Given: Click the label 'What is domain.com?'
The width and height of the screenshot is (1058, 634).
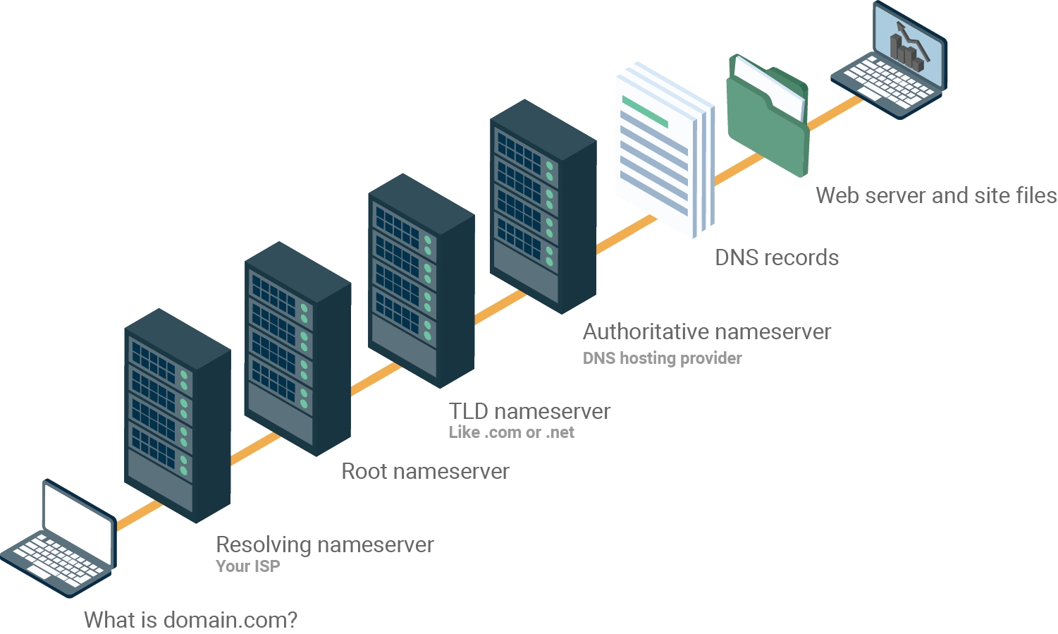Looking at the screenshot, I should (190, 620).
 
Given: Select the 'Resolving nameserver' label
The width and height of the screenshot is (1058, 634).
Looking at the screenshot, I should (324, 544).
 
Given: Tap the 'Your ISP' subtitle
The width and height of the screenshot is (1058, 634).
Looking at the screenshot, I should (247, 566).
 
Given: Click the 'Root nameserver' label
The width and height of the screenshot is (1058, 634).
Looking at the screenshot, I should (425, 471).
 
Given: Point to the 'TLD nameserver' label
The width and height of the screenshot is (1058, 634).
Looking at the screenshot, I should (529, 411).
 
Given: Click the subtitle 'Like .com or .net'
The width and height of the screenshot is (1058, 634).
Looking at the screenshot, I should (511, 432).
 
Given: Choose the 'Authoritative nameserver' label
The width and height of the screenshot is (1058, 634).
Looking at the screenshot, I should (706, 331).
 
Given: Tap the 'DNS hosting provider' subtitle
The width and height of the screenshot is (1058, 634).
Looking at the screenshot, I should (662, 358).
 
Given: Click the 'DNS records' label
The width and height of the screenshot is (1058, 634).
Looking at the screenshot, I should (776, 257).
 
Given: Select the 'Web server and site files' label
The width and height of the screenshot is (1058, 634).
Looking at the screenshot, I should (935, 195).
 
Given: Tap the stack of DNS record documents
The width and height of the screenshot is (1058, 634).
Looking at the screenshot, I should (663, 152).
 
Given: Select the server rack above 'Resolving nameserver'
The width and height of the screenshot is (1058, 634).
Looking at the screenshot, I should (177, 416).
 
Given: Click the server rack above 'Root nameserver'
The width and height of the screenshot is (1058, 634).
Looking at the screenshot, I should (297, 349).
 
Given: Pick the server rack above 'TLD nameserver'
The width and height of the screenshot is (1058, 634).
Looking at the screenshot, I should (421, 281).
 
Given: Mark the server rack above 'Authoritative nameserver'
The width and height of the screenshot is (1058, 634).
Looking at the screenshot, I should (543, 207).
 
